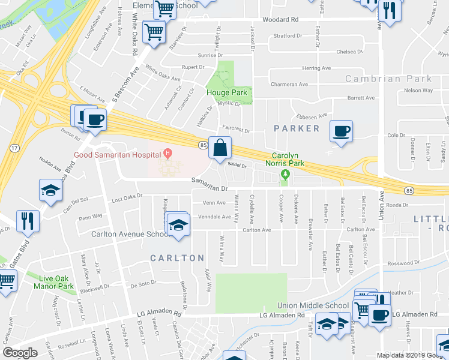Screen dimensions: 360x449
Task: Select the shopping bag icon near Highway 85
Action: pos(220,148)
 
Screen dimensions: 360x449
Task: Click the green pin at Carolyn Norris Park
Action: pos(285,175)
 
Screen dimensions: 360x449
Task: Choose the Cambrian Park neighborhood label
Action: pos(388,79)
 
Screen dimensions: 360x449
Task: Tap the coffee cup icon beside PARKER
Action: pos(342,131)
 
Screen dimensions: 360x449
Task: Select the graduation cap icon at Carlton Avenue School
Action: pos(178,225)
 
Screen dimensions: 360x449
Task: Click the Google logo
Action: pos(20,353)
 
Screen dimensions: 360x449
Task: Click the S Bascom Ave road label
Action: pos(128,79)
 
